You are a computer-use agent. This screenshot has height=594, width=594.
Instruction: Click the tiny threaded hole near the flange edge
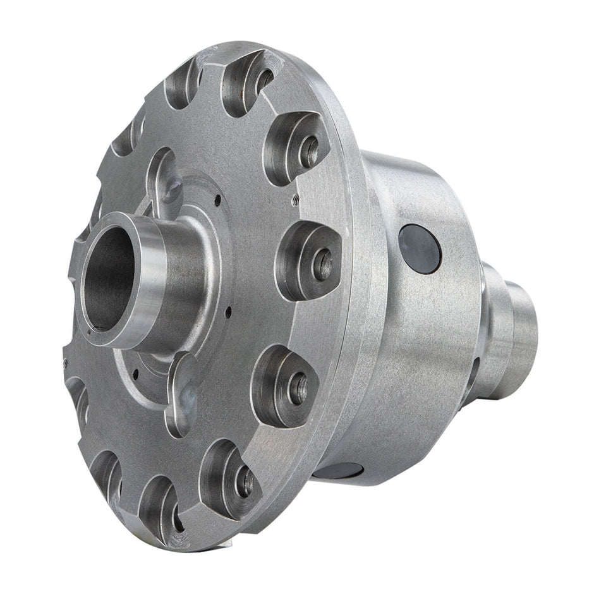tap(294, 200)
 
